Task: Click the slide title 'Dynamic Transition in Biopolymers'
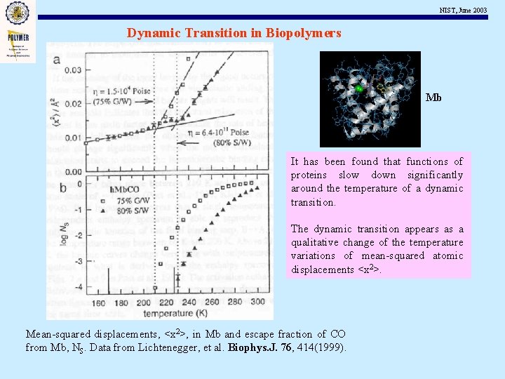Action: pos(234,33)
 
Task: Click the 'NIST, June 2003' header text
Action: pos(462,9)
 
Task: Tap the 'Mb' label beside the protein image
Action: pos(433,98)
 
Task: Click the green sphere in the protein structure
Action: pos(358,88)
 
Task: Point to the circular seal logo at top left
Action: pos(17,12)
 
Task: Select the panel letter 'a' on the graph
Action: pos(57,60)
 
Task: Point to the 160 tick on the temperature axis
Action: pos(100,302)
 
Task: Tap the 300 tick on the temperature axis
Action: pos(258,302)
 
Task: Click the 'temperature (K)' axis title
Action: pos(177,312)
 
